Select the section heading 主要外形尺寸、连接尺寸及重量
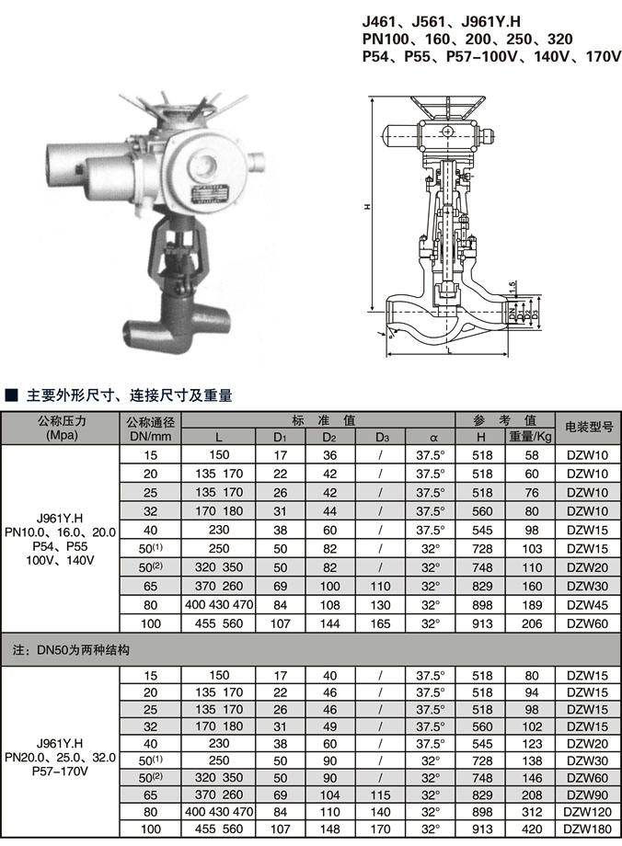tap(129, 396)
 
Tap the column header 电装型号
tap(588, 428)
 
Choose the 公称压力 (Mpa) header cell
tap(61, 428)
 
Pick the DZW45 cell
tap(588, 604)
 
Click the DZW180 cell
tap(588, 829)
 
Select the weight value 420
tap(530, 829)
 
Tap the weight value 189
tap(530, 604)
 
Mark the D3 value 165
tap(380, 623)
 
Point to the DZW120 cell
tap(588, 810)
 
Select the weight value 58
tap(530, 454)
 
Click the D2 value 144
tap(328, 623)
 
